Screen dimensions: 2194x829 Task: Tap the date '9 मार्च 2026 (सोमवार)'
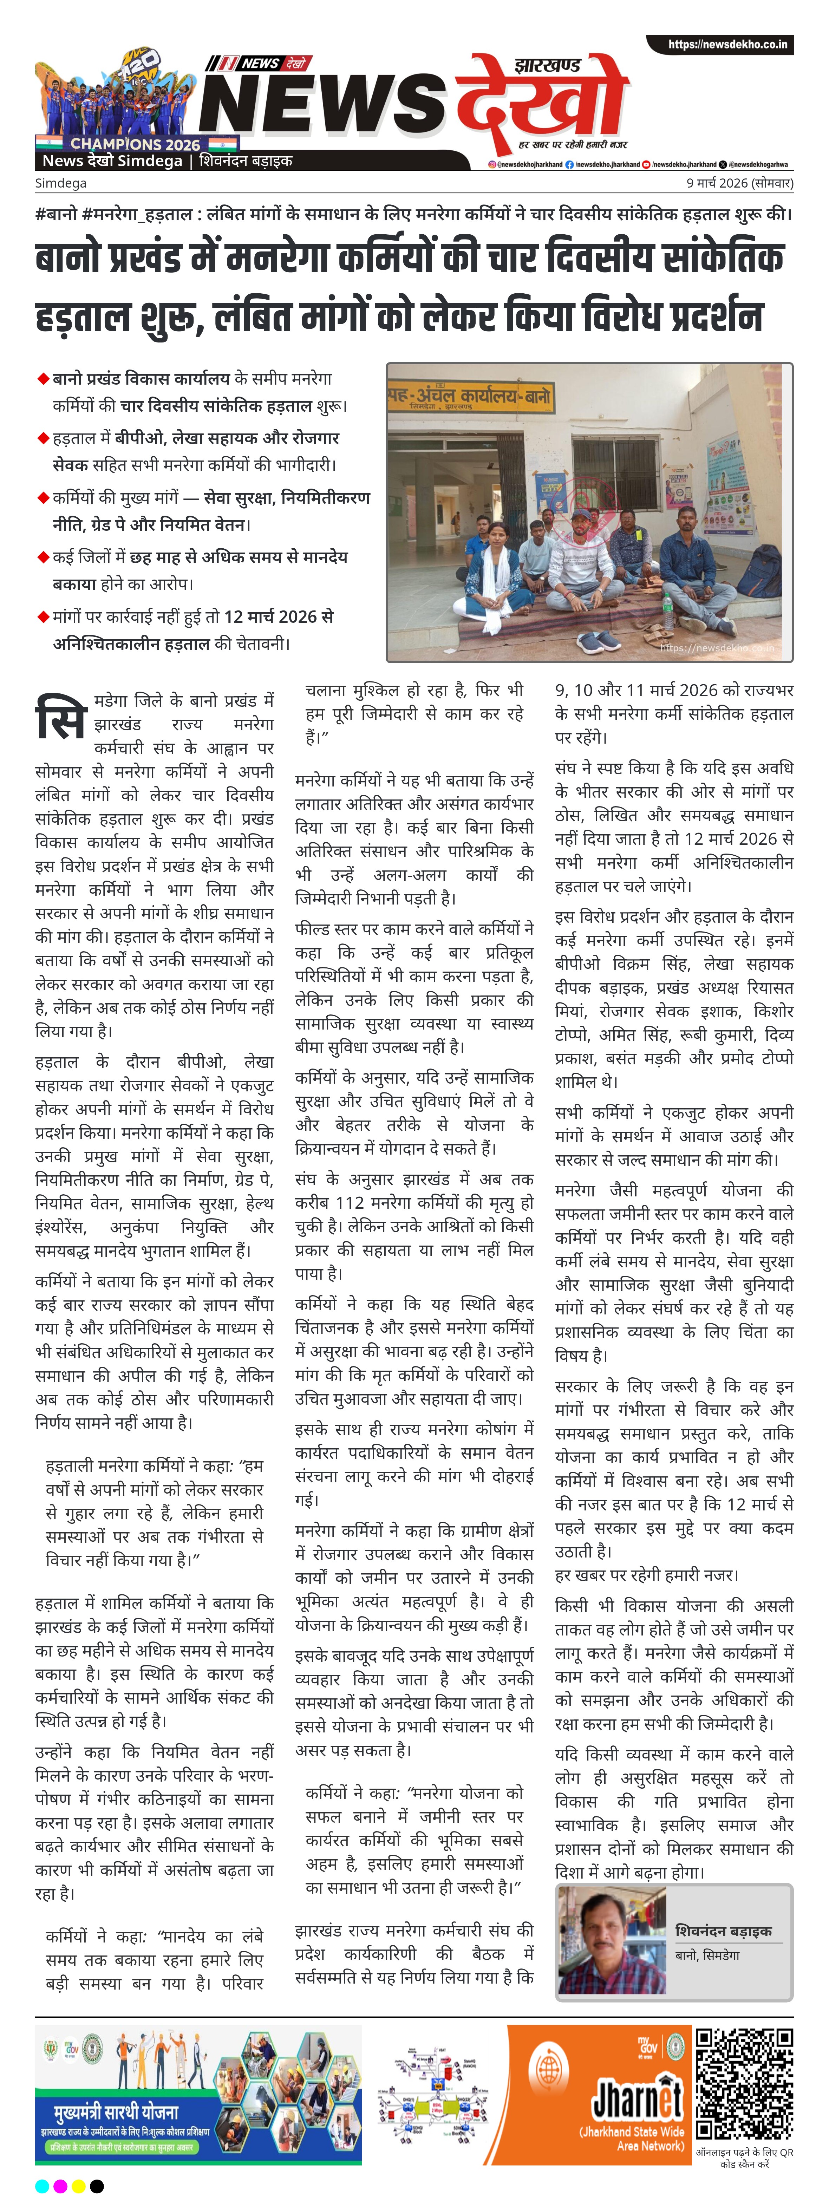(x=739, y=183)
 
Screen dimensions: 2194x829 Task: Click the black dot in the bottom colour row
(x=97, y=2186)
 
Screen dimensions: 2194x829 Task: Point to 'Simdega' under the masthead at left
(x=60, y=183)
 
